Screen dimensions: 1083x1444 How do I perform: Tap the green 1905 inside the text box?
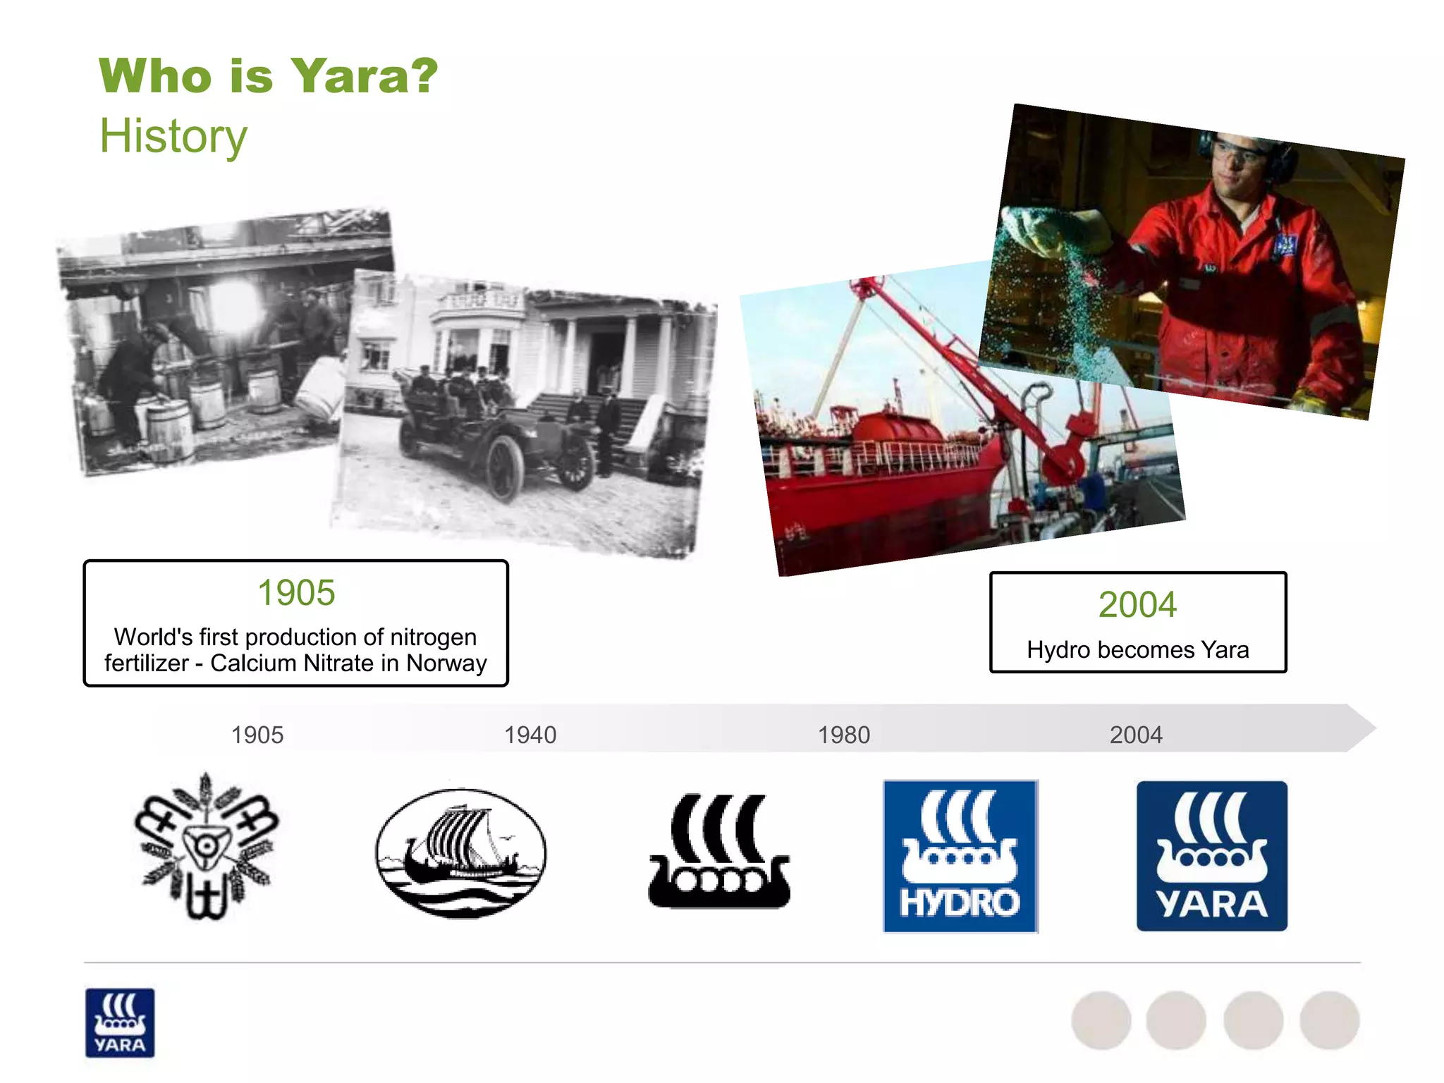click(x=296, y=592)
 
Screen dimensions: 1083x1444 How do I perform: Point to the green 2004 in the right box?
click(x=1137, y=604)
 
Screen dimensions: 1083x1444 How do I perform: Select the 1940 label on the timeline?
click(x=530, y=735)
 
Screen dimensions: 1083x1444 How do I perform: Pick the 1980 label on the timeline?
click(x=844, y=735)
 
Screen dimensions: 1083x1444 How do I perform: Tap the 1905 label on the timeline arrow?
click(x=257, y=735)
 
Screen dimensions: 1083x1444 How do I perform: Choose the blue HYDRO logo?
click(x=960, y=856)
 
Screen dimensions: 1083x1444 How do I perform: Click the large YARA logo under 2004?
click(x=1211, y=856)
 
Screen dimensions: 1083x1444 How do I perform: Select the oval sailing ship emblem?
click(x=461, y=853)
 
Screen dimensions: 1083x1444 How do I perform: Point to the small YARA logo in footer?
click(x=120, y=1022)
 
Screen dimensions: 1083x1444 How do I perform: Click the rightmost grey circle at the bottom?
click(x=1329, y=1020)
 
